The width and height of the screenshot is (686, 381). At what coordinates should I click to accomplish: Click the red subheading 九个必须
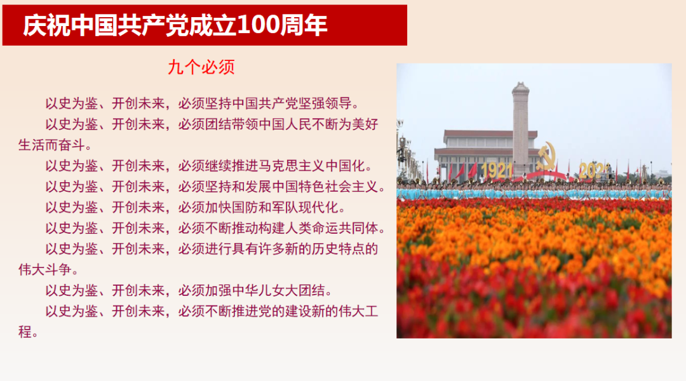(x=201, y=67)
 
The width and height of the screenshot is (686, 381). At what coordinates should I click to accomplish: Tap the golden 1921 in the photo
(x=497, y=170)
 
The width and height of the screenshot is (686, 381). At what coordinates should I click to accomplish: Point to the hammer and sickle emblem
(x=546, y=156)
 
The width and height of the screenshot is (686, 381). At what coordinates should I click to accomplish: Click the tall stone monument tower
(x=521, y=128)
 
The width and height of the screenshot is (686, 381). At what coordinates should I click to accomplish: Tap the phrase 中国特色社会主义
(x=325, y=187)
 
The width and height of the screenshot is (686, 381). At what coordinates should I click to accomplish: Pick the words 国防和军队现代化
(x=285, y=208)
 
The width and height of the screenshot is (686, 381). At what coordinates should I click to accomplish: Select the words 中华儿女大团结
(x=279, y=290)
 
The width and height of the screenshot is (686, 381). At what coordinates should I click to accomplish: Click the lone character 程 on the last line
(x=25, y=332)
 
